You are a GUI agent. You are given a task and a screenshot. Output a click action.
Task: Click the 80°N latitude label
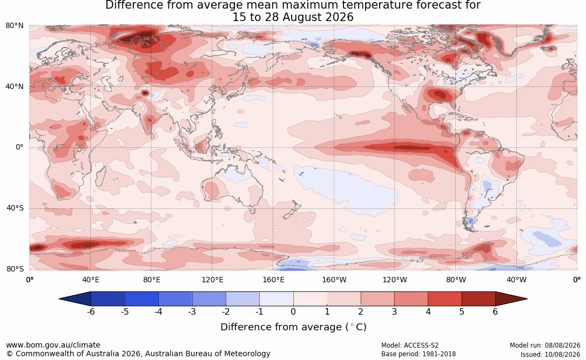tap(14, 26)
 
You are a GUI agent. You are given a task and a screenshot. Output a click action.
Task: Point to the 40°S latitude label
tap(15, 208)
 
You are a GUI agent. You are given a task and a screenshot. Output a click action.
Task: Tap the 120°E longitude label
tap(213, 280)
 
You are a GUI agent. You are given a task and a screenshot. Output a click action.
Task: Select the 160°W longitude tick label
tap(334, 280)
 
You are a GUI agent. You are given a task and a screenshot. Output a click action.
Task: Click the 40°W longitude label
tap(517, 280)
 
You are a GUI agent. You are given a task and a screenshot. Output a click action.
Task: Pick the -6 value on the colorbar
tap(91, 312)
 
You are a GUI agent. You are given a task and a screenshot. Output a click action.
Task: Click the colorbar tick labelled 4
tap(428, 312)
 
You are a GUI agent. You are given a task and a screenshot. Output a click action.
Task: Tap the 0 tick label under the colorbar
tap(293, 312)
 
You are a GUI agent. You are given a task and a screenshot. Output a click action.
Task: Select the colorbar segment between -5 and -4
tap(142, 299)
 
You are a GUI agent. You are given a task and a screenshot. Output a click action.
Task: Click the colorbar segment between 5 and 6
tap(479, 299)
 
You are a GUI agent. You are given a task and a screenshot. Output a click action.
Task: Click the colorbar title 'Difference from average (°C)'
tap(293, 327)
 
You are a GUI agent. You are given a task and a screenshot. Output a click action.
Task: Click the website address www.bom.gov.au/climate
tap(53, 345)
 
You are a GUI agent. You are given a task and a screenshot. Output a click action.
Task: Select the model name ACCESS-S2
tap(421, 345)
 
